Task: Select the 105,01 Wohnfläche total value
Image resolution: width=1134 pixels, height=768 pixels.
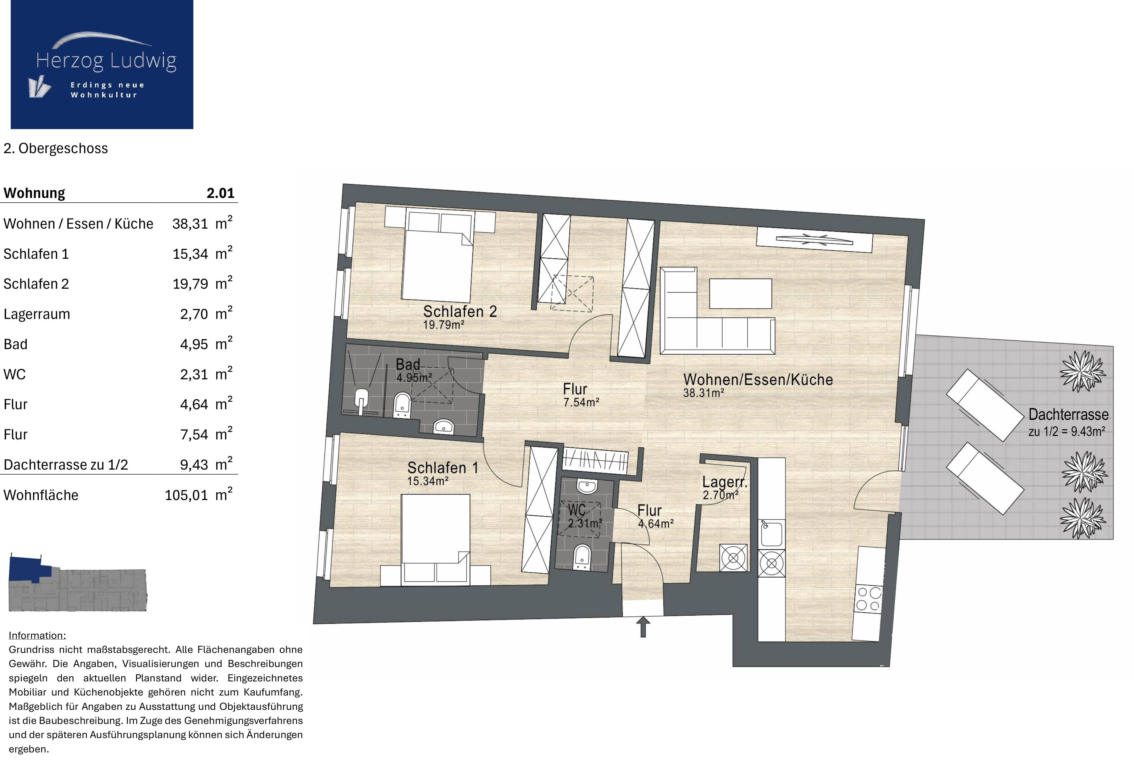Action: tap(186, 495)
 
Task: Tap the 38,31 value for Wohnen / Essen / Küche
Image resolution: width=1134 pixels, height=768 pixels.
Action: tap(190, 224)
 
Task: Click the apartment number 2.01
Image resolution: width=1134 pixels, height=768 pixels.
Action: tap(221, 193)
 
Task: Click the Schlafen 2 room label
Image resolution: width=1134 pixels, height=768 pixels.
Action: tap(460, 311)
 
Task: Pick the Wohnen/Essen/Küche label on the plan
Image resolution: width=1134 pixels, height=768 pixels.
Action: tap(758, 379)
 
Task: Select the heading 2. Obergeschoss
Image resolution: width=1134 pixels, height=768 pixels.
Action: tap(56, 148)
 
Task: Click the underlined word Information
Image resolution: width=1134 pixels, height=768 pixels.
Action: tap(37, 635)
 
